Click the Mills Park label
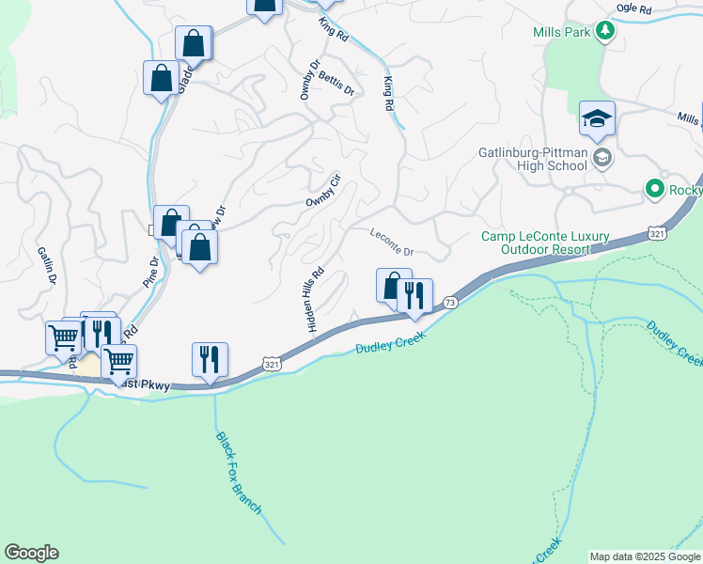click(x=560, y=32)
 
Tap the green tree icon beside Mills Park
click(x=606, y=32)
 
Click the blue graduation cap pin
click(x=597, y=118)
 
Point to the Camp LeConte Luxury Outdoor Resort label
click(x=545, y=243)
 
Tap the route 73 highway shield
click(x=451, y=302)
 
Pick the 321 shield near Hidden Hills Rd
click(x=272, y=363)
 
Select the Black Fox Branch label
click(x=238, y=473)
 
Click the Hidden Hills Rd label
click(x=315, y=299)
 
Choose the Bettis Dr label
click(x=336, y=83)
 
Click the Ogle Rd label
click(x=633, y=8)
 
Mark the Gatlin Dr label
click(x=47, y=265)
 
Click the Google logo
click(x=31, y=553)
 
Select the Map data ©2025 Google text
click(x=646, y=556)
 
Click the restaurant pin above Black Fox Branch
click(x=210, y=359)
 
